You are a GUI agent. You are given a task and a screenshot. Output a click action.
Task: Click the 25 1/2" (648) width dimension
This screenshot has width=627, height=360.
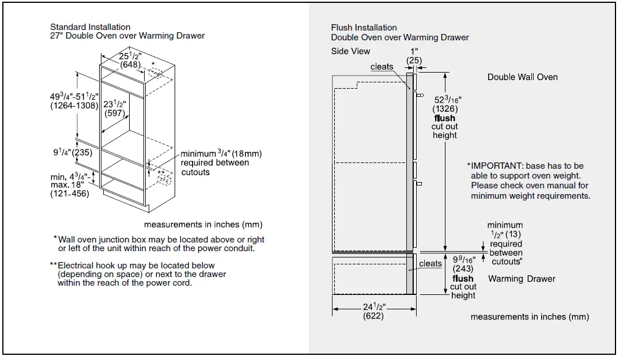coord(130,60)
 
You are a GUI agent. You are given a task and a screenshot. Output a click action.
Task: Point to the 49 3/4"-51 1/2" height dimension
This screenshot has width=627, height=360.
coord(74,101)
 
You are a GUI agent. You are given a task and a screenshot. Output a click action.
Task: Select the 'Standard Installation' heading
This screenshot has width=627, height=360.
coord(90,27)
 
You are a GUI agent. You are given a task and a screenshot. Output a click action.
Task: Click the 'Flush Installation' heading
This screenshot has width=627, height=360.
coord(364,28)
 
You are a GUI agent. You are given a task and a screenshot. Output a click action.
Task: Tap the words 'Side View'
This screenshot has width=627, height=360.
coord(350,51)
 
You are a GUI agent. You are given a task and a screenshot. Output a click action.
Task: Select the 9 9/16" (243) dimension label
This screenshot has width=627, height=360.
coord(463,264)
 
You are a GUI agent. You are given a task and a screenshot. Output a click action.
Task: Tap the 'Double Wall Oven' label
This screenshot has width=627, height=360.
coord(522,77)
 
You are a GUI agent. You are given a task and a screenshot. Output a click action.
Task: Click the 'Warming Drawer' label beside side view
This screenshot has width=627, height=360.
coord(522,279)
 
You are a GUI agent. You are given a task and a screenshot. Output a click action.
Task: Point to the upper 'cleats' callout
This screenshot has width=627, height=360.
coord(382,67)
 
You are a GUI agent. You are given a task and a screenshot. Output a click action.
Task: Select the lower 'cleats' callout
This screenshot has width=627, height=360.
coord(430,264)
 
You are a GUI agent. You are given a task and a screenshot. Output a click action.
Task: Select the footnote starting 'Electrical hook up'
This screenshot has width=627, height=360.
coord(142,274)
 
